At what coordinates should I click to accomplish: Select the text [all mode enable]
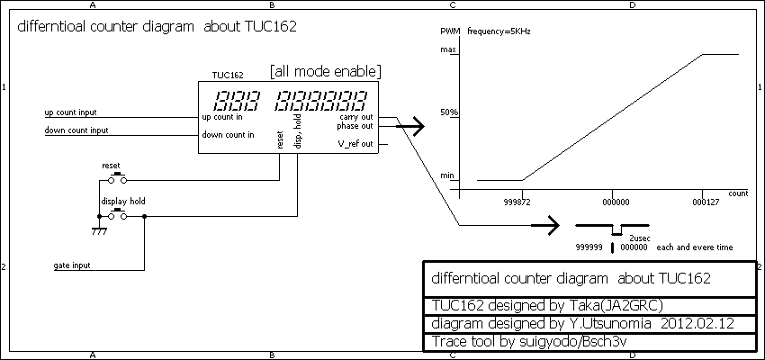[x=325, y=71]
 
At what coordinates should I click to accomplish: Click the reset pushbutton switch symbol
[x=117, y=177]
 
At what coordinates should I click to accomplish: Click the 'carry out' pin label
[x=355, y=117]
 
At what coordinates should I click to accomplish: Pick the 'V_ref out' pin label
[x=355, y=144]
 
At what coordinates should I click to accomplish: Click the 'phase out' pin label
[x=355, y=127]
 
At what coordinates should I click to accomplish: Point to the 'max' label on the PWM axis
[x=448, y=49]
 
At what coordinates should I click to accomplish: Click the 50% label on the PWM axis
[x=449, y=112]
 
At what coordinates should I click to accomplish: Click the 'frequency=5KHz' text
[x=499, y=31]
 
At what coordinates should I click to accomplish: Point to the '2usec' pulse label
[x=641, y=237]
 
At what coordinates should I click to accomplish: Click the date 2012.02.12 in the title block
[x=661, y=322]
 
